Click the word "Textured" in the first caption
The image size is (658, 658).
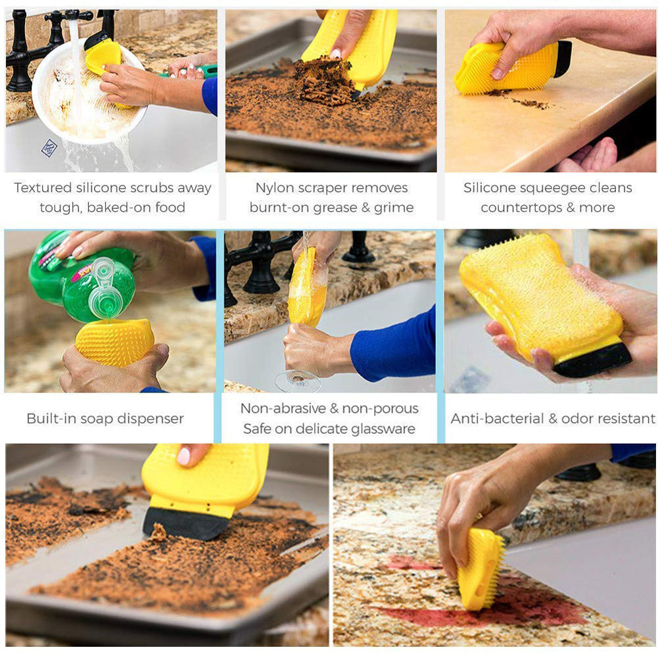tap(42, 188)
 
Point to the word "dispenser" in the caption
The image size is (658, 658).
tap(153, 419)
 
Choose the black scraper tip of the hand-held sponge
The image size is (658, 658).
tap(592, 360)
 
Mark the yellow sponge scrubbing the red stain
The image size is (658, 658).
tap(480, 569)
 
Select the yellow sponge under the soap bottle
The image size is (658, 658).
tap(114, 342)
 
